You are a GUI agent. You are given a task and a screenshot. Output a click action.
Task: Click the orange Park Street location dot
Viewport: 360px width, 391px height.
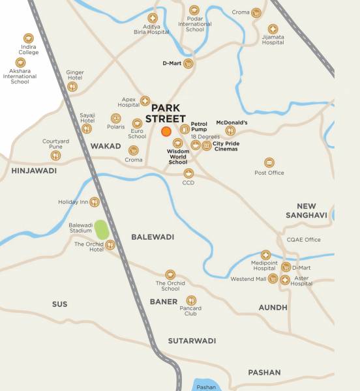click(x=166, y=132)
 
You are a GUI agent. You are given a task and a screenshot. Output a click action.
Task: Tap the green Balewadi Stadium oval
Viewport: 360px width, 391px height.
click(x=101, y=230)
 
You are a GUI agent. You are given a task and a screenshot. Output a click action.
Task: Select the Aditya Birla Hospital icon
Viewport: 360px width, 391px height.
click(x=153, y=18)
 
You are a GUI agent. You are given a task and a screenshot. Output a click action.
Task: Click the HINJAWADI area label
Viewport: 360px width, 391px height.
click(x=34, y=171)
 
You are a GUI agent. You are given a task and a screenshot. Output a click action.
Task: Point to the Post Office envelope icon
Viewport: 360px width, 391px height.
click(x=269, y=162)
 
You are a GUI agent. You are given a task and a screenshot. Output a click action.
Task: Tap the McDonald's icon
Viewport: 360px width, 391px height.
click(x=230, y=130)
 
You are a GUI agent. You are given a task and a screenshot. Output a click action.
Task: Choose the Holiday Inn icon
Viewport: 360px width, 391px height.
click(x=95, y=202)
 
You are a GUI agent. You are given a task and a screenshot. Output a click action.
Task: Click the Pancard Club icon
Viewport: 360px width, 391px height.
click(x=191, y=300)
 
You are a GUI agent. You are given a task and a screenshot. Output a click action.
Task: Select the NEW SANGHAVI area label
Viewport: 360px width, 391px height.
click(x=306, y=210)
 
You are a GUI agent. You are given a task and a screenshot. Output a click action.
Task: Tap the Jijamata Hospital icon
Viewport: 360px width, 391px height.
click(x=273, y=29)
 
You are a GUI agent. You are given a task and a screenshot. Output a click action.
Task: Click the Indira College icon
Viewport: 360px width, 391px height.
click(x=28, y=39)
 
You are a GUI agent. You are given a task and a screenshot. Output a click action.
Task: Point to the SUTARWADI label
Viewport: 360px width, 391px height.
click(x=192, y=341)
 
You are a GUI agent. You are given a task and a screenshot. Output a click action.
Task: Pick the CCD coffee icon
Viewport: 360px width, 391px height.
click(x=188, y=173)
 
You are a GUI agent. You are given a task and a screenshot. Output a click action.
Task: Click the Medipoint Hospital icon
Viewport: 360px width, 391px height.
click(x=265, y=255)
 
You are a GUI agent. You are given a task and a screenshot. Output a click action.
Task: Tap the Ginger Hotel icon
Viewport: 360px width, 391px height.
click(x=72, y=86)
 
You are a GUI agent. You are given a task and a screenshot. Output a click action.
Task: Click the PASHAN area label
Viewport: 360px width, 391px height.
click(x=264, y=373)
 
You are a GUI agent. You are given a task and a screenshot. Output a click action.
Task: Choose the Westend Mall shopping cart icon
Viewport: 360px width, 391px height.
click(x=273, y=279)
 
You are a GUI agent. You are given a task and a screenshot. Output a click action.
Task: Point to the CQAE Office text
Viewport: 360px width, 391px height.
click(x=304, y=240)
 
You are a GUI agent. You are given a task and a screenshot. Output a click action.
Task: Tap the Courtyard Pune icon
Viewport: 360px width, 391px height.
click(x=55, y=155)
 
